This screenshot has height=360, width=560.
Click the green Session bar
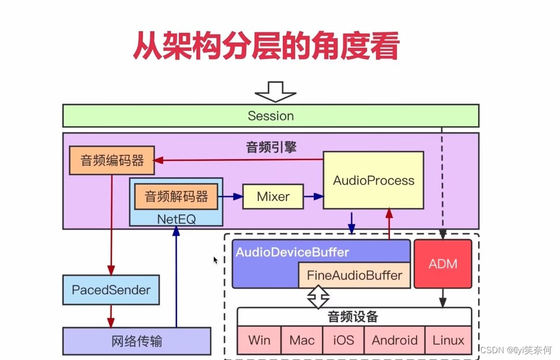[x=271, y=116]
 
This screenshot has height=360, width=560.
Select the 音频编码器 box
[x=112, y=160]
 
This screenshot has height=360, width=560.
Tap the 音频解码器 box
[x=176, y=196]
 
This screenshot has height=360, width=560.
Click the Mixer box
[x=273, y=197]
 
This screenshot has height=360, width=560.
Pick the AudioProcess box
[x=373, y=181]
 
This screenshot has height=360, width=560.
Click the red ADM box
[x=443, y=263]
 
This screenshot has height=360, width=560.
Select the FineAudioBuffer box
[x=355, y=275]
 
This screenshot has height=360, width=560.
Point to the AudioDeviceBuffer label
[x=292, y=252]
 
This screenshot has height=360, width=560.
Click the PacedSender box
[x=111, y=290]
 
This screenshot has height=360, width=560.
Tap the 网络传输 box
[x=137, y=341]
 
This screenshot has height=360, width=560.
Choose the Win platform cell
[x=259, y=341]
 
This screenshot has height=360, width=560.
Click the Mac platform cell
[x=302, y=341]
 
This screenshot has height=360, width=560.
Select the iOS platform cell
[x=343, y=341]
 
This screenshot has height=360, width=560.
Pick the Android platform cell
[x=395, y=341]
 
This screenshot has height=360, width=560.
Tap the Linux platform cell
[x=448, y=341]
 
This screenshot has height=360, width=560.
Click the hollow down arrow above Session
[x=275, y=92]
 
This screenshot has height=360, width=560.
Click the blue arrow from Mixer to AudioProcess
[x=313, y=197]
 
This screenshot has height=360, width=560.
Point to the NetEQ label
[x=176, y=219]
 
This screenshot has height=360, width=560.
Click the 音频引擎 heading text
[x=271, y=147]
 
